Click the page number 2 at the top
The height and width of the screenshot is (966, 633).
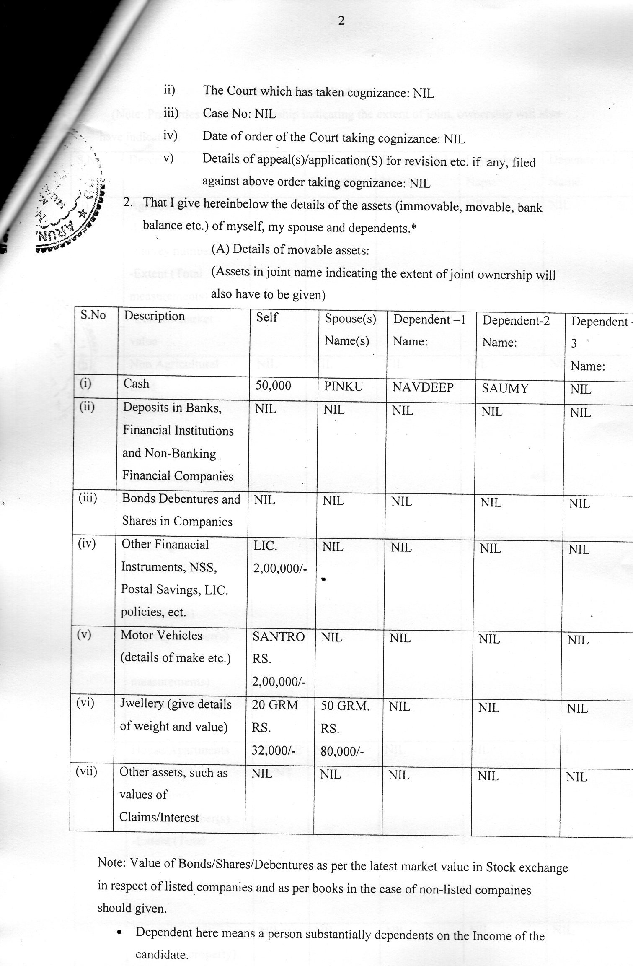(341, 21)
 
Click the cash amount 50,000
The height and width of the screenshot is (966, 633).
(273, 385)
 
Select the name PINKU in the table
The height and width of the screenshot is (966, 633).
(343, 387)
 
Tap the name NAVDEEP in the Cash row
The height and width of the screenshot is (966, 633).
(423, 387)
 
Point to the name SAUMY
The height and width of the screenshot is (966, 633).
(505, 388)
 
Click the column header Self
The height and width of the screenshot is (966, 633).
(267, 317)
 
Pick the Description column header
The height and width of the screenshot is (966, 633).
(154, 316)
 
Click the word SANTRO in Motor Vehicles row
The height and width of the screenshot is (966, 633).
(279, 637)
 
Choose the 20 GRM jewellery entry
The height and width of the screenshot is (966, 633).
(275, 705)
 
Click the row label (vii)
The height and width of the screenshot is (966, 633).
(86, 771)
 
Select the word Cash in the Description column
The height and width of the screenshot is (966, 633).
(136, 384)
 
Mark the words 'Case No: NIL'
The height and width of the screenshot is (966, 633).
(239, 113)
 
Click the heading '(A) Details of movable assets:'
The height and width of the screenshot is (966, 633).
(290, 250)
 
